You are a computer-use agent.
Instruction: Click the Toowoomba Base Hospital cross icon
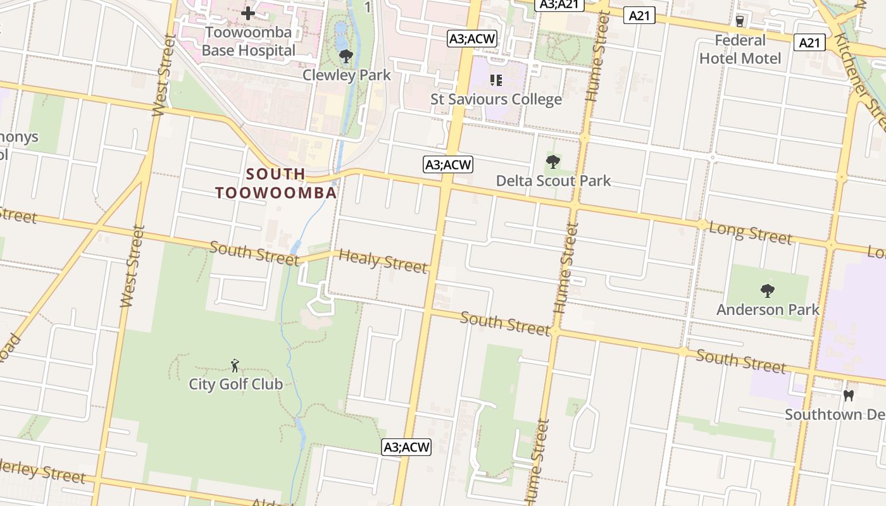click(248, 13)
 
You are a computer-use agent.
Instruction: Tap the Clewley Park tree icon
click(346, 57)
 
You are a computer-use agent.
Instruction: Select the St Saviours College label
click(496, 99)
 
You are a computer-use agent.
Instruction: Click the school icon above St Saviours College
click(496, 80)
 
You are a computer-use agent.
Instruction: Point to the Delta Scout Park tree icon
click(552, 162)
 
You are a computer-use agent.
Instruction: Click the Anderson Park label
click(768, 310)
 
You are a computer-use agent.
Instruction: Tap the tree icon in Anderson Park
click(768, 291)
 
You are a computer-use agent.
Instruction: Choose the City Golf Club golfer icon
click(235, 366)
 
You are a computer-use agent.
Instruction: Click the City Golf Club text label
click(235, 384)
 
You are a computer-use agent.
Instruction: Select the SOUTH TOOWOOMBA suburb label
click(276, 183)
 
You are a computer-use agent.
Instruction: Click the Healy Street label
click(383, 261)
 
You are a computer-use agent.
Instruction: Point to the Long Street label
click(750, 233)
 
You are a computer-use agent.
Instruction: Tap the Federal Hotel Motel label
click(740, 49)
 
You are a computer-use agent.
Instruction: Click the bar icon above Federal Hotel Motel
click(740, 22)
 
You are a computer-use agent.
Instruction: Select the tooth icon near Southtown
click(849, 396)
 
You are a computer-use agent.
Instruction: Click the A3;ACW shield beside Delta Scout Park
click(448, 165)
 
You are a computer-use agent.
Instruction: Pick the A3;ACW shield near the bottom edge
click(407, 447)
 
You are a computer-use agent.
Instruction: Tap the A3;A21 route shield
click(558, 4)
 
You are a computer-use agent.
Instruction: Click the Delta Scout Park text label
click(553, 181)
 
